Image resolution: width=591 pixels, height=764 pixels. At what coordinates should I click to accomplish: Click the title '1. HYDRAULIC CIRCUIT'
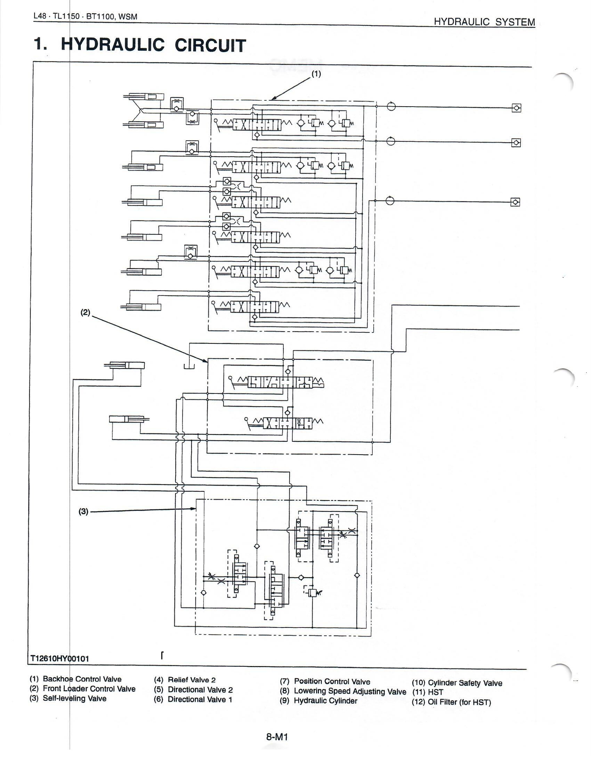[140, 45]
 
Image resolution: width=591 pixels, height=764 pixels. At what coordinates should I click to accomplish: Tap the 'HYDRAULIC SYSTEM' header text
[484, 22]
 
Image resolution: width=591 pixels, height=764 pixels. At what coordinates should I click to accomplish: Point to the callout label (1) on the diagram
[316, 74]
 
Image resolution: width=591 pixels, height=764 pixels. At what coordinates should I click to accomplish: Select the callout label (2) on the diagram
[86, 313]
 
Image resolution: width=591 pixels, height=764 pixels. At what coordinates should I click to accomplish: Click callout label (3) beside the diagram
[83, 511]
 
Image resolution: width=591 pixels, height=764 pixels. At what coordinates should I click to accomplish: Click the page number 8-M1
[277, 737]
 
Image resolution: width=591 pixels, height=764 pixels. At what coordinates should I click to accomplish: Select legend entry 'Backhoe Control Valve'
[82, 679]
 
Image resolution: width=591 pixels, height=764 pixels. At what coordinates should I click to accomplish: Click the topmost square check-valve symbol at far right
[516, 108]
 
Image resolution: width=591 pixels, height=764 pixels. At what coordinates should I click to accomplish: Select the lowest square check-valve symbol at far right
[515, 202]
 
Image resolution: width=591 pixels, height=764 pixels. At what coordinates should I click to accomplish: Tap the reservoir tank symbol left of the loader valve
[189, 366]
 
